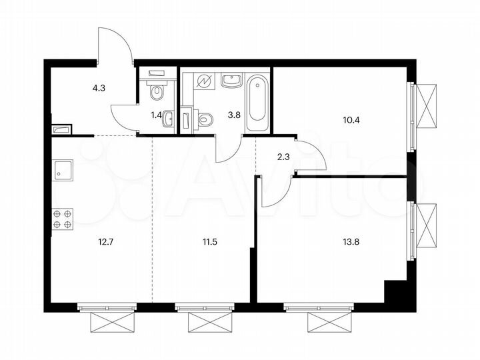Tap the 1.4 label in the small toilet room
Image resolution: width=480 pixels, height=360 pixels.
(156, 115)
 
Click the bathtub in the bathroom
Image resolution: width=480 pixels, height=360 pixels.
(257, 103)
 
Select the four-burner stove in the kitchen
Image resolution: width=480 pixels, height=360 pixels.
(62, 219)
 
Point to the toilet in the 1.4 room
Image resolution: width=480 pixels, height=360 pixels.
(157, 90)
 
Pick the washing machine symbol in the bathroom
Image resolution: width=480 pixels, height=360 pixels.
(203, 81)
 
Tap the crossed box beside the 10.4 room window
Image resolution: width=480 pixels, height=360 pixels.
(427, 105)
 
